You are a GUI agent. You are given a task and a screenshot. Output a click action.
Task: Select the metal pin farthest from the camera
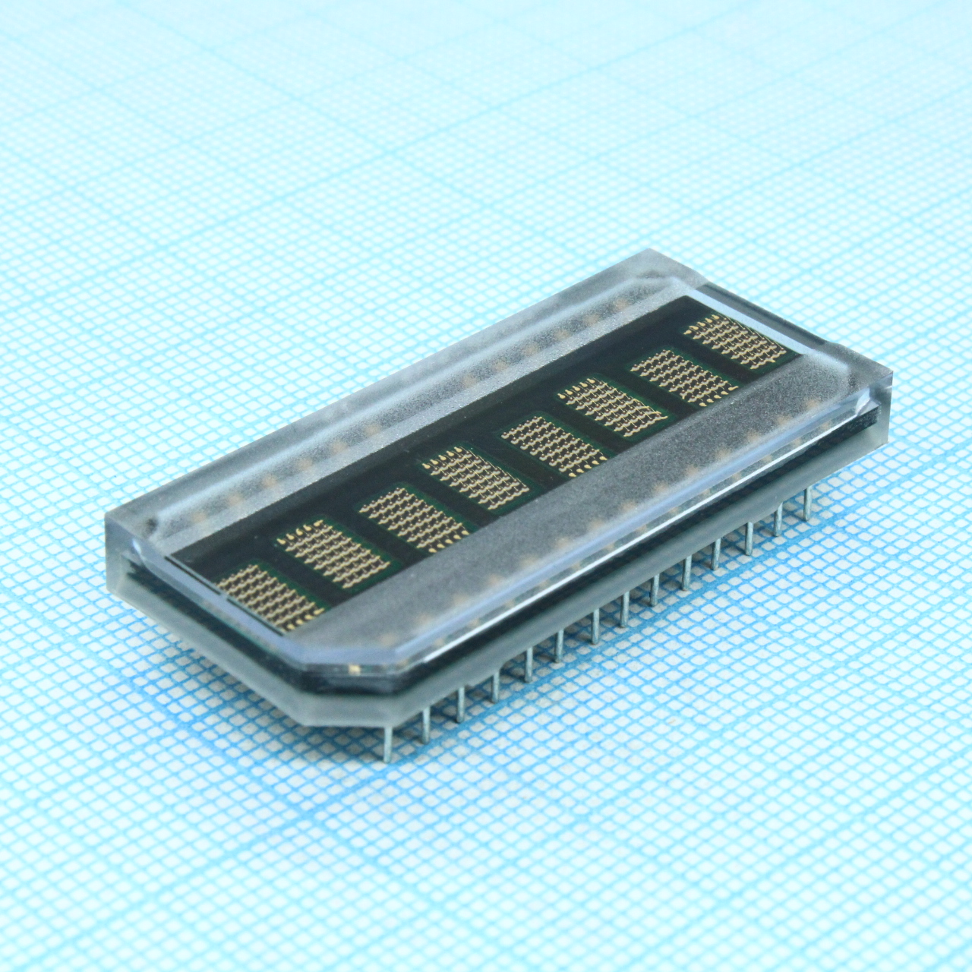[x=807, y=504]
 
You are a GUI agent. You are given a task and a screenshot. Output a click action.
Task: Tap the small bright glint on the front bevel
[x=354, y=669]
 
